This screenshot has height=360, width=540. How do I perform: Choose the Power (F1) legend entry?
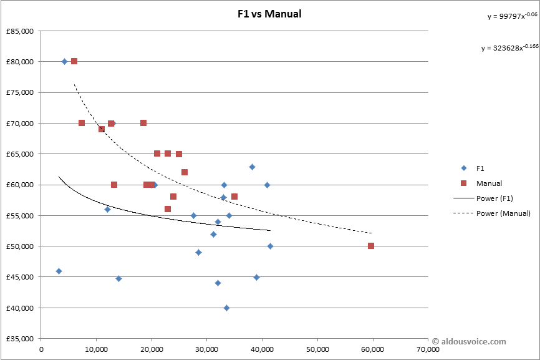tap(503, 198)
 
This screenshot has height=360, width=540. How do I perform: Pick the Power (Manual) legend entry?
tap(503, 213)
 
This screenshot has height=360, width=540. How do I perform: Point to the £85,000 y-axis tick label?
tap(21, 31)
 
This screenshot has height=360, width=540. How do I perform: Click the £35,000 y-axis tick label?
tap(21, 339)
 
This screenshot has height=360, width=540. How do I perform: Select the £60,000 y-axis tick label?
tap(21, 185)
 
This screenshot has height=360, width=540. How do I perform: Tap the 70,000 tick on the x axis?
tap(428, 350)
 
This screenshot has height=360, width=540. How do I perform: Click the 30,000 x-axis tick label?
tap(207, 350)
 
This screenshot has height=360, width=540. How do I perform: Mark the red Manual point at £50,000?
tap(371, 246)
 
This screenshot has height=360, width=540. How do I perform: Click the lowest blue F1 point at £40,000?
tap(226, 308)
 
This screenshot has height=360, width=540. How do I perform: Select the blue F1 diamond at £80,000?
tap(65, 61)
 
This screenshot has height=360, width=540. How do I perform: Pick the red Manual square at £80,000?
tap(74, 61)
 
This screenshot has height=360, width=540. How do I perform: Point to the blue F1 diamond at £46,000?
tap(59, 271)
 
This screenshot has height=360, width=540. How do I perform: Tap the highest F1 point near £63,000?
tap(252, 167)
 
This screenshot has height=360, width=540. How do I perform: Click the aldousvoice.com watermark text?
tap(469, 341)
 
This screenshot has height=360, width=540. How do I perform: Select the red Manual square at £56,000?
tap(168, 209)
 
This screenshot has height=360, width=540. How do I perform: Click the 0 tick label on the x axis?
tap(41, 350)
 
